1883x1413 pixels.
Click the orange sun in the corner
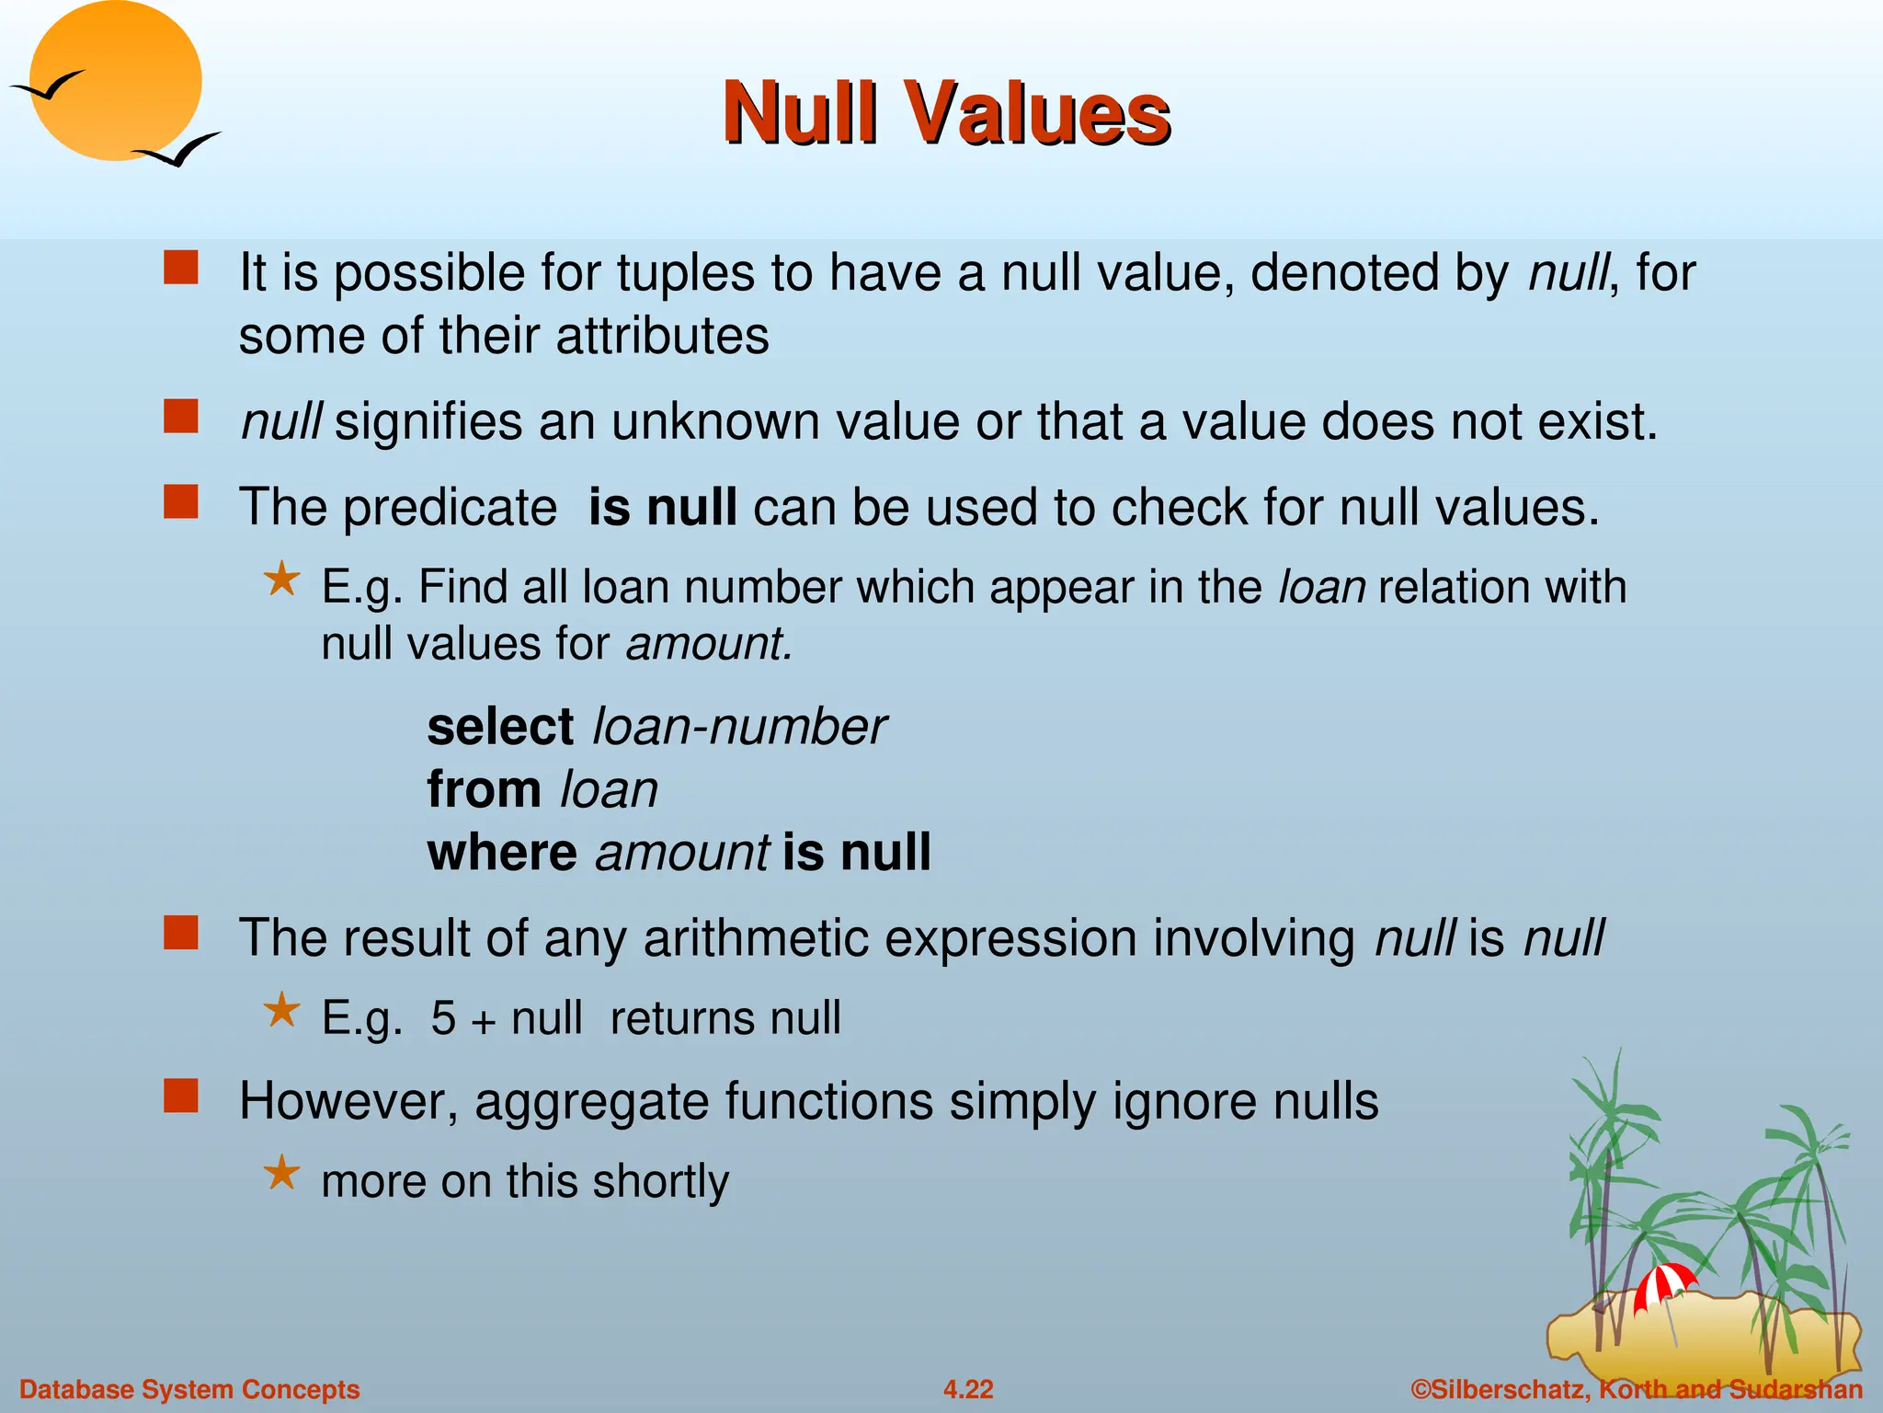click(115, 81)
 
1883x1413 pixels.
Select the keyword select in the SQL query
click(500, 727)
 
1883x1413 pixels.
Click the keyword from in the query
click(484, 789)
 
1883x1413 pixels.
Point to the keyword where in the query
click(502, 852)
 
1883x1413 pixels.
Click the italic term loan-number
click(739, 727)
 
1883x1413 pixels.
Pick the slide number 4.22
click(968, 1389)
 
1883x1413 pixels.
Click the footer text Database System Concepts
click(189, 1389)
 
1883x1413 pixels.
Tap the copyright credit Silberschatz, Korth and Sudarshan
click(1637, 1389)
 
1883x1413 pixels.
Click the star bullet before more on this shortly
click(281, 1174)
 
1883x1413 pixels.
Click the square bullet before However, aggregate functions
click(181, 1096)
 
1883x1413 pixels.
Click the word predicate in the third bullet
click(450, 508)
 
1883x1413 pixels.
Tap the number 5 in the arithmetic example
click(443, 1018)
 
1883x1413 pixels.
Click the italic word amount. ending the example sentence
click(708, 643)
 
